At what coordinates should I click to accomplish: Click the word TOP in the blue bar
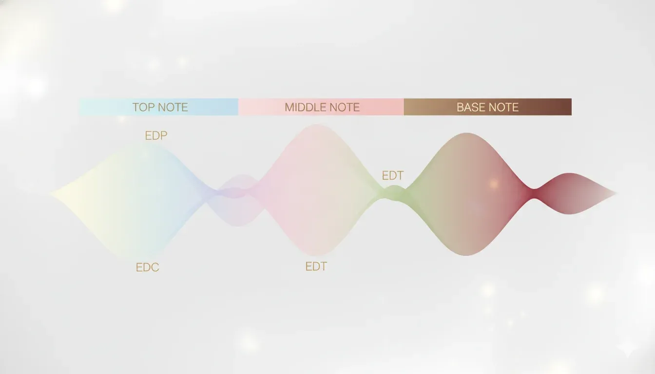142,107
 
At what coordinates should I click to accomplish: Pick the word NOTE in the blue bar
173,107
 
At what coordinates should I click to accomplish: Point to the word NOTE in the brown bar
504,107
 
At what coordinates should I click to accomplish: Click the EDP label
156,136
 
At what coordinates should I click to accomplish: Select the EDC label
147,267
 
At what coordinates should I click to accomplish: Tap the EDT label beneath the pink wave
316,266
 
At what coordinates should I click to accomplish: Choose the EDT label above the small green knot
392,176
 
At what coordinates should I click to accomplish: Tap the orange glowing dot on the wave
494,184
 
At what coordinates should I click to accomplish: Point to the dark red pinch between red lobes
534,193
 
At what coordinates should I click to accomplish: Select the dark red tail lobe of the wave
568,193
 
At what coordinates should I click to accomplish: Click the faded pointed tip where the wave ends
614,194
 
